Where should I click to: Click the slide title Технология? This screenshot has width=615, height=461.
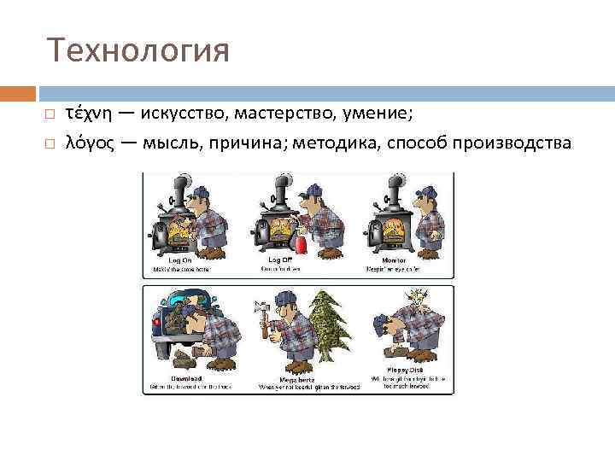click(138, 50)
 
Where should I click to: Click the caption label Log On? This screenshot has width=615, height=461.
click(180, 259)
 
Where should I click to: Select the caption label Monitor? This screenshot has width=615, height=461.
click(394, 259)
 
